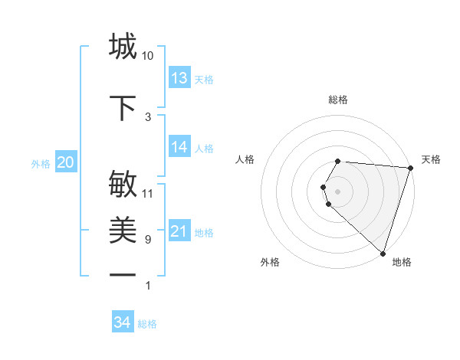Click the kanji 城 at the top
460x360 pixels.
pyautogui.click(x=123, y=47)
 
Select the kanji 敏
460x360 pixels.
pyautogui.click(x=123, y=185)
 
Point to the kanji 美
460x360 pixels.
pyautogui.click(x=123, y=231)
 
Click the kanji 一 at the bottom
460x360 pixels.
pyautogui.click(x=123, y=275)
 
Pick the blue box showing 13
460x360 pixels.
pyautogui.click(x=179, y=78)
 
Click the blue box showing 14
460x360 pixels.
pyautogui.click(x=179, y=148)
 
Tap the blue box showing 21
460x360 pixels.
pyautogui.click(x=179, y=231)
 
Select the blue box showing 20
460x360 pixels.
pyautogui.click(x=65, y=162)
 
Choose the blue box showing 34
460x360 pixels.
pyautogui.click(x=123, y=322)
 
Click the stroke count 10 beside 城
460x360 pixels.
pyautogui.click(x=148, y=57)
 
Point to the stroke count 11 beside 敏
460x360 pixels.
pyautogui.click(x=148, y=194)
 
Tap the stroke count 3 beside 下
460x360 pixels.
pyautogui.click(x=148, y=117)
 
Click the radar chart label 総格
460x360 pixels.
pyautogui.click(x=337, y=100)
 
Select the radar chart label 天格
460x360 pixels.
pyautogui.click(x=431, y=159)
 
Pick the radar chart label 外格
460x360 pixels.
pyautogui.click(x=270, y=262)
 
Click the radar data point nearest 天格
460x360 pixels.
pyautogui.click(x=409, y=168)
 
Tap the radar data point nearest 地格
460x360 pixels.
pyautogui.click(x=383, y=253)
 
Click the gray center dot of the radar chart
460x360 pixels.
pyautogui.click(x=337, y=191)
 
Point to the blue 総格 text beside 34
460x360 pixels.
pyautogui.click(x=147, y=324)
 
